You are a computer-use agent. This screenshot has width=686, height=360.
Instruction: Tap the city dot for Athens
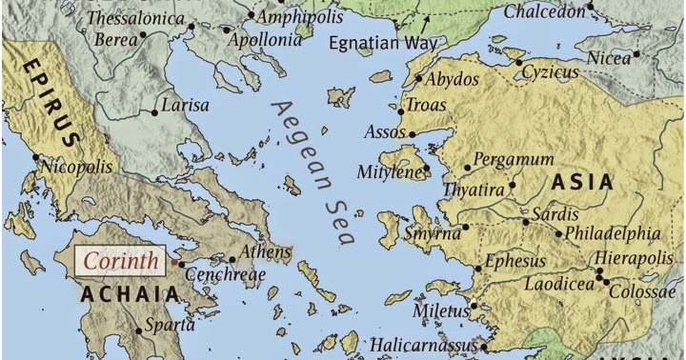click(232, 258)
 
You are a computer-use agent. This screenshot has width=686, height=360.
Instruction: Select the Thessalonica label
click(136, 18)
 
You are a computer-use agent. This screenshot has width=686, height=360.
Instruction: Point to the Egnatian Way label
click(383, 43)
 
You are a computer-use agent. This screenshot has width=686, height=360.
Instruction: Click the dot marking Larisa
click(155, 112)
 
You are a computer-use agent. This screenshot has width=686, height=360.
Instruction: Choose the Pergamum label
click(513, 159)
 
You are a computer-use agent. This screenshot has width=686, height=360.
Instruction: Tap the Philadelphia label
click(613, 232)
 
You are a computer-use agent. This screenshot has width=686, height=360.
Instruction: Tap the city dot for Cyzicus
click(519, 63)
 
